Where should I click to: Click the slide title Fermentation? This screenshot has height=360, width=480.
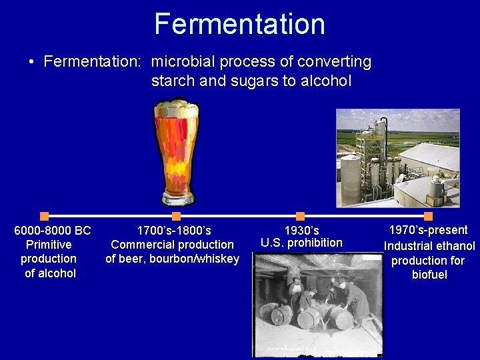click(239, 24)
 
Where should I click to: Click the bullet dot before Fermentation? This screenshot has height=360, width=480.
click(32, 63)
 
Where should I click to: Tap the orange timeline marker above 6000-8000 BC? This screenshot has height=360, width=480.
click(45, 216)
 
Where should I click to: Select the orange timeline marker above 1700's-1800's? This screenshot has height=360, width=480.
click(176, 216)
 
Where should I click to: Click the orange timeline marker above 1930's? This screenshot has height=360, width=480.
click(300, 216)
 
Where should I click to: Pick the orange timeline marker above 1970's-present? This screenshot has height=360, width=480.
click(428, 216)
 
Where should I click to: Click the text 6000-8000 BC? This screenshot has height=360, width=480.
click(53, 231)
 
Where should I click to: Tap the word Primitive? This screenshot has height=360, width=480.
click(49, 245)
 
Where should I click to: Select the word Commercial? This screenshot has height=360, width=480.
click(144, 245)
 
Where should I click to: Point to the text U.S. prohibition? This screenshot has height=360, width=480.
click(301, 243)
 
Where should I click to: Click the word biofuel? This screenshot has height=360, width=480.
click(429, 275)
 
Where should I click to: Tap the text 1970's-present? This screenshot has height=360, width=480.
click(429, 230)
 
